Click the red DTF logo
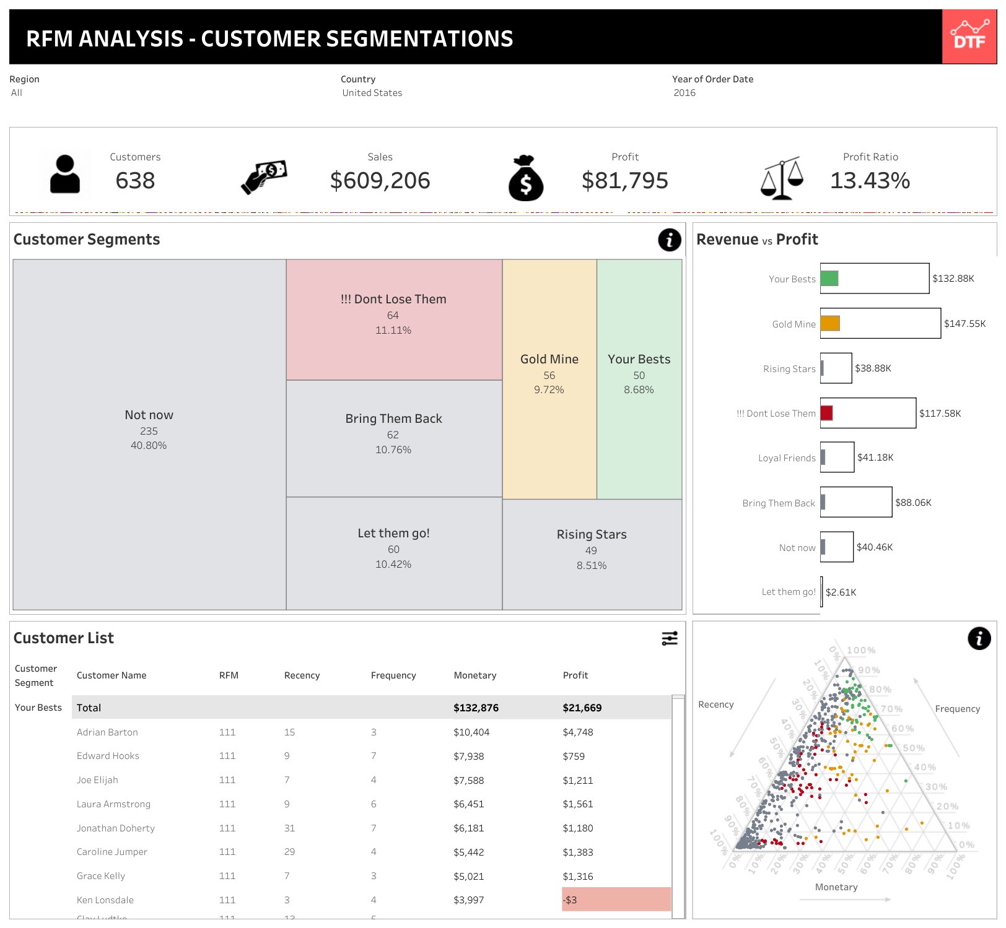pos(969,37)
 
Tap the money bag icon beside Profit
pos(525,178)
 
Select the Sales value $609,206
pos(380,181)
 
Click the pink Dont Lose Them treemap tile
pos(393,319)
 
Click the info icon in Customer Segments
pos(669,240)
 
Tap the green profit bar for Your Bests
pos(829,279)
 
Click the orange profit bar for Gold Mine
pos(830,323)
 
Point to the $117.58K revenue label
pos(940,413)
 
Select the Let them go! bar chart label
pos(788,592)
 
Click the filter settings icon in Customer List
pos(669,638)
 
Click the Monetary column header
pos(475,675)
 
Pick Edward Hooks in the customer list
pos(108,756)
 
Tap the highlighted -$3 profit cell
pos(616,900)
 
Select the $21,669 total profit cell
pos(582,708)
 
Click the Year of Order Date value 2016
pos(685,93)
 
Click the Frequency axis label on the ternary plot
pos(957,709)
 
